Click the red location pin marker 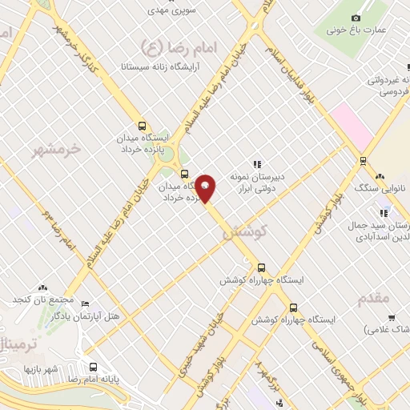tap(206, 188)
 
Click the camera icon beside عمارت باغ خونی tap(356, 18)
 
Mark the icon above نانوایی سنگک tap(380, 175)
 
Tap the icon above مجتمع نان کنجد tap(42, 287)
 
